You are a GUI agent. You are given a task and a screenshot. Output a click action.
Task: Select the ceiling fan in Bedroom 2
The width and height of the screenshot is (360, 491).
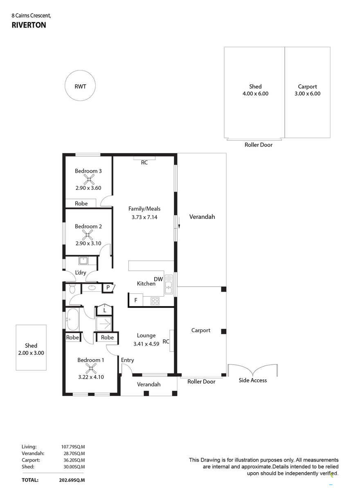click(88, 235)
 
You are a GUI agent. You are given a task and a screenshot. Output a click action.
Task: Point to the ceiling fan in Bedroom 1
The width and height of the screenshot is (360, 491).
click(91, 369)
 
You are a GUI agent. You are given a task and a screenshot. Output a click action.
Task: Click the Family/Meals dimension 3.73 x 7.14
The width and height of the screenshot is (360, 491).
click(144, 217)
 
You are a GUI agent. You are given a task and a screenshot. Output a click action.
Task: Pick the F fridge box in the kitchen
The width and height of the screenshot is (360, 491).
click(136, 300)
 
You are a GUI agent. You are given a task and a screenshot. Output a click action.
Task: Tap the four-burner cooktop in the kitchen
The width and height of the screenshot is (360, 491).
click(155, 301)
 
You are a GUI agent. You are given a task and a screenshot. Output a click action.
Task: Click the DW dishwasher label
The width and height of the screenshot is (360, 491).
click(158, 279)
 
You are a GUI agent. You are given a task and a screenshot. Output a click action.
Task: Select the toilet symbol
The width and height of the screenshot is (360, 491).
click(72, 289)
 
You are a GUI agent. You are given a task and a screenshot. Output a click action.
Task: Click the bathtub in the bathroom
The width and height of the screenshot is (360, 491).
click(73, 320)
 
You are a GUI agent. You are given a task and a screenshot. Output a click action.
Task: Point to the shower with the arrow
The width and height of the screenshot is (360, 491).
click(103, 324)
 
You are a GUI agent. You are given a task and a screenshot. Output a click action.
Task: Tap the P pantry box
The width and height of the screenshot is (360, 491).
click(108, 288)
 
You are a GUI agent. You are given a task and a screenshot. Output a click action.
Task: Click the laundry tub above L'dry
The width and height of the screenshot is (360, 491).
click(83, 261)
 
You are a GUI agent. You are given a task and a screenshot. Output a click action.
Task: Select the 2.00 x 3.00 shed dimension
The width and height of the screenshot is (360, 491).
click(31, 353)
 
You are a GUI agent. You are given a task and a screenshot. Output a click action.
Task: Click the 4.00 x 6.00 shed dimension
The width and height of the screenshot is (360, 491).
click(255, 94)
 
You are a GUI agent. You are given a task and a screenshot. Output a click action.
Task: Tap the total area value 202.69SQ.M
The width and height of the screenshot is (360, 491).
click(72, 480)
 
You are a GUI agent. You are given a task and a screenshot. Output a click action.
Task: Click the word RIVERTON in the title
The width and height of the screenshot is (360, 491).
click(29, 25)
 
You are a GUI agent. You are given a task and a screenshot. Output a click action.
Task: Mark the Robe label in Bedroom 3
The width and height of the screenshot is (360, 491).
click(81, 204)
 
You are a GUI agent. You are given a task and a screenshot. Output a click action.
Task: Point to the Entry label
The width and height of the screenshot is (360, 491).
click(127, 360)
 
